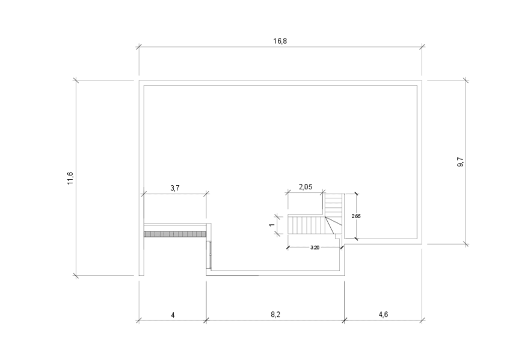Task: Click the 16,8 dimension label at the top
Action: [x=280, y=41]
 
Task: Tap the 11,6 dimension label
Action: [x=70, y=178]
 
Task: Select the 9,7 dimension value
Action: [x=461, y=162]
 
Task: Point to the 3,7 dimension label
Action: [x=175, y=188]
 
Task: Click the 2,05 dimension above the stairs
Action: [x=306, y=187]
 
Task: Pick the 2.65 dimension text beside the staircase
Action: [x=356, y=216]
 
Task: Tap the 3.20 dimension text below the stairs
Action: [x=315, y=248]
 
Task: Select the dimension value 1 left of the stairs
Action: [x=272, y=225]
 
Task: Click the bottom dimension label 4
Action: [x=173, y=315]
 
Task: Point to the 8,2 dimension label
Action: [x=275, y=315]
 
